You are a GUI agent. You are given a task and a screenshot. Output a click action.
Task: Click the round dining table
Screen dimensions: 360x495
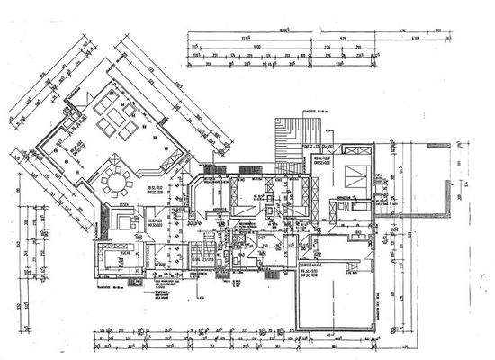click(116, 184)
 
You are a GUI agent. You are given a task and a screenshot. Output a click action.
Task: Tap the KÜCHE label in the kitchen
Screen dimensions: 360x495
click(125, 219)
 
